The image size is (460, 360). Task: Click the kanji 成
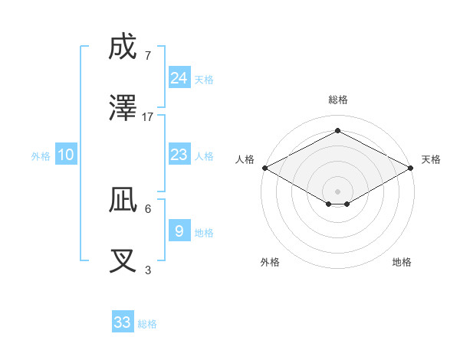[123, 47]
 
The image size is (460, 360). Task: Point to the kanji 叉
[123, 262]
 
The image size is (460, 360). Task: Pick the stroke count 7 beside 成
[148, 55]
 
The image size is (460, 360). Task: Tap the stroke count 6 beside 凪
[148, 208]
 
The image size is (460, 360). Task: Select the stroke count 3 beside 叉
[148, 270]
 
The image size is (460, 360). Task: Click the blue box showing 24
[179, 77]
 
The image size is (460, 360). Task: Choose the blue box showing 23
[179, 155]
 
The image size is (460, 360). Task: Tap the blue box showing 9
[179, 231]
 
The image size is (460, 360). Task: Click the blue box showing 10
[66, 155]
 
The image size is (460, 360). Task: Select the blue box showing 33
[123, 322]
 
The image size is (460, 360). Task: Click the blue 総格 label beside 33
[148, 324]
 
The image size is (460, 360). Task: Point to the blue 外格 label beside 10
[41, 156]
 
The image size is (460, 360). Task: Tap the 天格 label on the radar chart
[431, 159]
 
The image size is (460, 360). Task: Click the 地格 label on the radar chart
[402, 262]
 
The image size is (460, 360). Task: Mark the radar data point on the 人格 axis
[264, 168]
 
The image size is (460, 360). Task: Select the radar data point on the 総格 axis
[337, 131]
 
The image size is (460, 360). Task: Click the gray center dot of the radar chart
[337, 191]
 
